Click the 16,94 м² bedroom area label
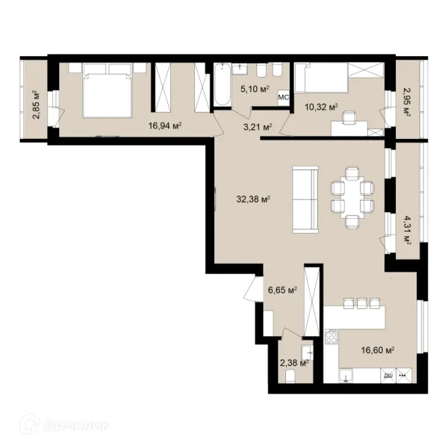tap(165, 125)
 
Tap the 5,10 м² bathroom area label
tap(255, 89)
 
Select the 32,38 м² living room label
tap(253, 199)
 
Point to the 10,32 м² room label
tap(321, 108)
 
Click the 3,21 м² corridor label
tap(258, 127)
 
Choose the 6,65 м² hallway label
tap(282, 290)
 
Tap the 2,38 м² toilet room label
tap(294, 363)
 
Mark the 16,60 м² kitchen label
tap(378, 350)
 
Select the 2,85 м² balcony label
tap(37, 105)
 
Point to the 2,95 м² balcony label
tap(407, 102)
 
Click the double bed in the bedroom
tap(107, 90)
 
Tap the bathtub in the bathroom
tap(223, 85)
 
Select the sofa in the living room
tap(305, 199)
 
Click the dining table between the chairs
tap(352, 197)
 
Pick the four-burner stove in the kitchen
tap(331, 336)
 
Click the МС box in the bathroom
tap(284, 97)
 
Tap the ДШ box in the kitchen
tap(388, 376)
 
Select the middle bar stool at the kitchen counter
tap(361, 303)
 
